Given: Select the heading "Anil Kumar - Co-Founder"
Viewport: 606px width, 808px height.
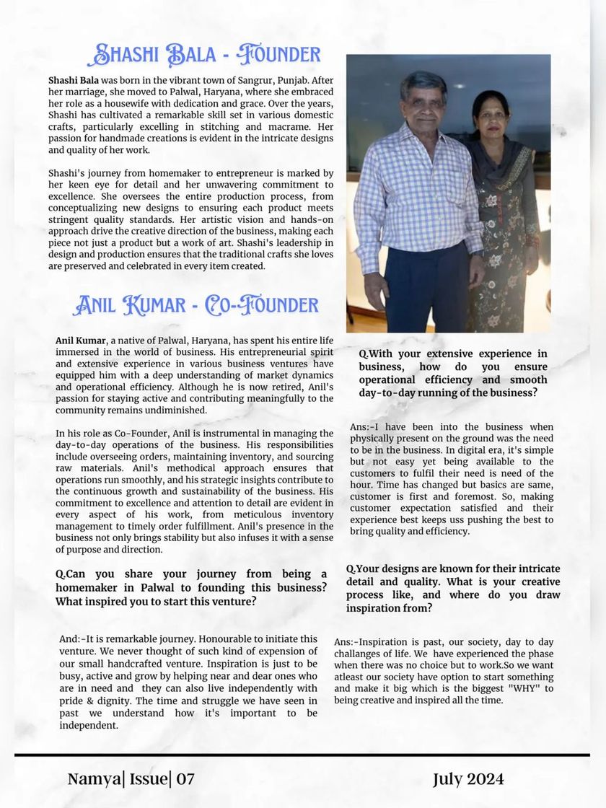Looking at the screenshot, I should [195, 304].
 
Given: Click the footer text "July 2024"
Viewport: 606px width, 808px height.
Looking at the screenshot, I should [468, 779].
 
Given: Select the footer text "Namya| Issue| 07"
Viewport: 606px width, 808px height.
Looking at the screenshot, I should [131, 779].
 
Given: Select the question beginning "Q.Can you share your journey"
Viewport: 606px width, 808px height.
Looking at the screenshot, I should [190, 587].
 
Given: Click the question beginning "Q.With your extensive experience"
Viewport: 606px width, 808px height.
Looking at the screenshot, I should [453, 373].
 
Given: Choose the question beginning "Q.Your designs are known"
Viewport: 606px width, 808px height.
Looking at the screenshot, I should [453, 588].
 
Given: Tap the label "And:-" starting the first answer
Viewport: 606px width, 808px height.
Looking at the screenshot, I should [74, 638].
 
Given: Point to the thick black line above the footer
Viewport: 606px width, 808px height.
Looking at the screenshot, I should [302, 755].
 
